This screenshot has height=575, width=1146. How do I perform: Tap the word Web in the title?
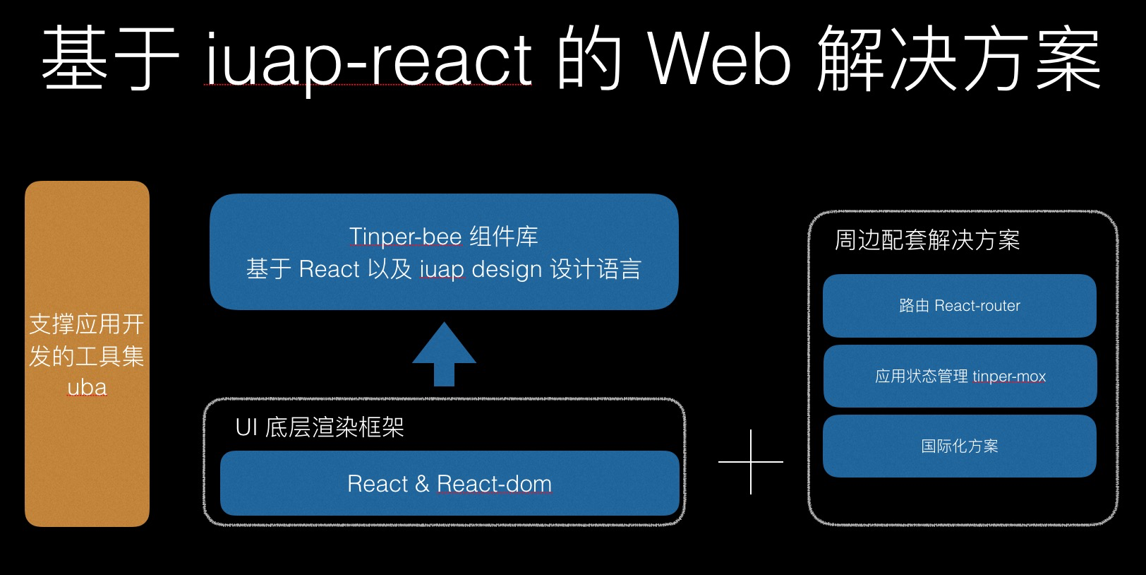[x=719, y=60]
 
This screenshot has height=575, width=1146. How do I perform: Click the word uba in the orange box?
[x=87, y=387]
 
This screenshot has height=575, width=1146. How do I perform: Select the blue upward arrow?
[x=444, y=353]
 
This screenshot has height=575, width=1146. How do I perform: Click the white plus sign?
[x=751, y=462]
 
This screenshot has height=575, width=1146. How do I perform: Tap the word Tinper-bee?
[x=405, y=237]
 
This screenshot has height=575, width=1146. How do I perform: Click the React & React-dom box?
[x=450, y=484]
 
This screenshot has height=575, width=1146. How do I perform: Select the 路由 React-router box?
[x=959, y=306]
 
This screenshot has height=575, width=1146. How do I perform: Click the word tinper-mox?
[x=1009, y=377]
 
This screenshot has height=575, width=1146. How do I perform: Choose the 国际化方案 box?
[x=959, y=446]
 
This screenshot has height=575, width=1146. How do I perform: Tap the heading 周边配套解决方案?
[x=927, y=240]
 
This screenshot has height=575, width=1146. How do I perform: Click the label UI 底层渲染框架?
[x=320, y=427]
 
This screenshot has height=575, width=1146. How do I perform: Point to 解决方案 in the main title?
[x=958, y=60]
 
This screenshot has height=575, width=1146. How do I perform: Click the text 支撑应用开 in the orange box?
[x=87, y=324]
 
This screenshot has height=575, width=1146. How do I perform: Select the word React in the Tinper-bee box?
[x=329, y=269]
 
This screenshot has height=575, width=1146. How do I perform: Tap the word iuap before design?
[x=442, y=269]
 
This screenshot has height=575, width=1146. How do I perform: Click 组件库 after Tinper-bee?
[x=504, y=237]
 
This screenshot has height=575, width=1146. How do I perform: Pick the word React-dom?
[x=494, y=484]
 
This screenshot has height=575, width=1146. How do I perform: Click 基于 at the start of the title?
[x=109, y=60]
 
